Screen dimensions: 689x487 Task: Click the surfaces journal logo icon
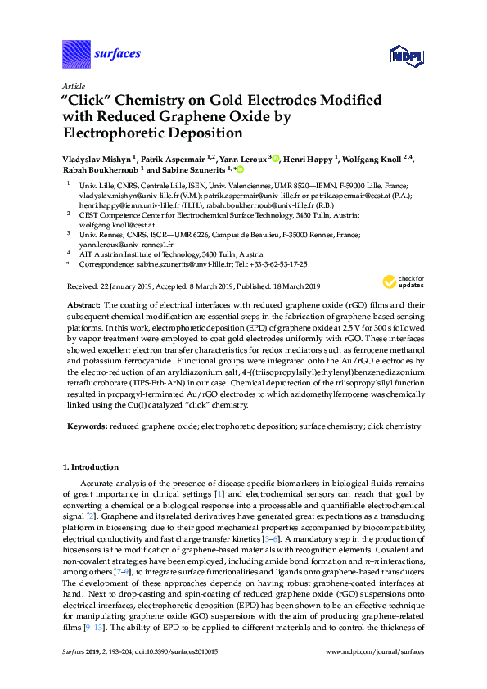tap(76, 54)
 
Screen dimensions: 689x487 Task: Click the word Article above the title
tap(74, 86)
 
